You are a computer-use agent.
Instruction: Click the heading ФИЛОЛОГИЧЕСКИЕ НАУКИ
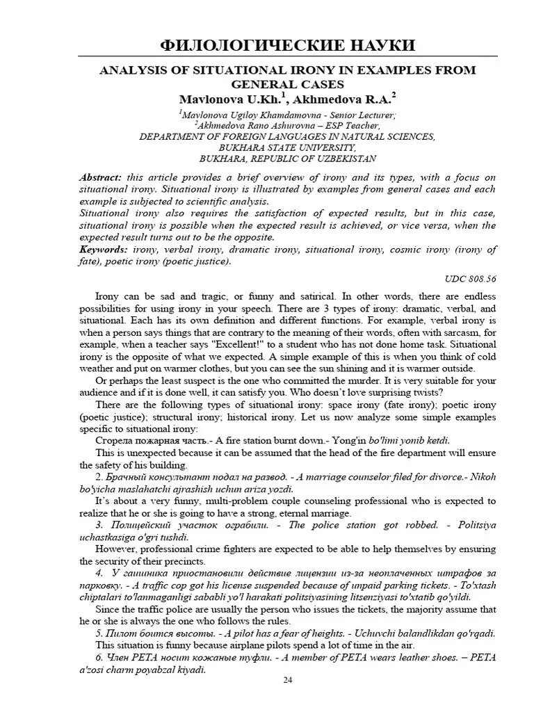click(x=288, y=46)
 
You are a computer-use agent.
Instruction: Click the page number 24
click(x=288, y=680)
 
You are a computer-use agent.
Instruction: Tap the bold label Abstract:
click(x=101, y=177)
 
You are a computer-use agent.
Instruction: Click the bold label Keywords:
click(x=104, y=249)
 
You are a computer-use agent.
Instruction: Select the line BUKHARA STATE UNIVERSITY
click(x=288, y=147)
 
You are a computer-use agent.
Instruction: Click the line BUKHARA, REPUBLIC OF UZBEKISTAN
click(x=288, y=159)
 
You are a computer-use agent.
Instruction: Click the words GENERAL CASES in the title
click(x=288, y=83)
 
